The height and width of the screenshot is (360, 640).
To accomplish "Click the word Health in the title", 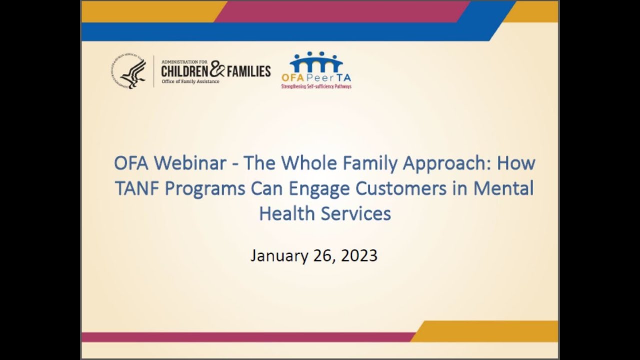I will pos(281,213).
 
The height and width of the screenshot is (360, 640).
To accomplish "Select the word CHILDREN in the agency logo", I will pos(183,71).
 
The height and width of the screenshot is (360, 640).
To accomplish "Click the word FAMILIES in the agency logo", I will pos(248,71).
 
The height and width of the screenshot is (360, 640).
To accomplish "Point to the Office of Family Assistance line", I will pos(190,81).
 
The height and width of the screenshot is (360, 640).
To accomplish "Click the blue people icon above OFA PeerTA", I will pos(316,62).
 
